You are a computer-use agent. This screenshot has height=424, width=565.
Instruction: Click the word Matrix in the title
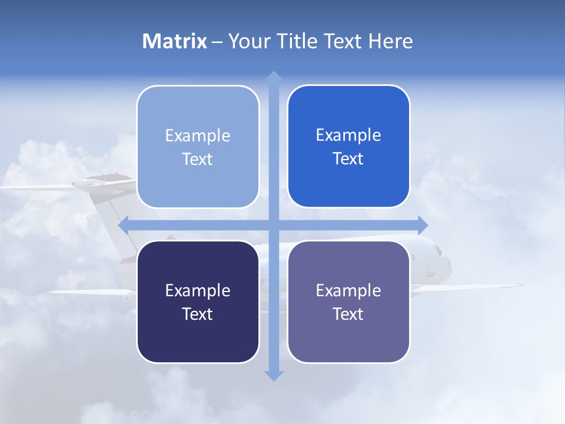pyautogui.click(x=174, y=41)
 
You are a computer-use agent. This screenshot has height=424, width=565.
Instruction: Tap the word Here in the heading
pyautogui.click(x=390, y=41)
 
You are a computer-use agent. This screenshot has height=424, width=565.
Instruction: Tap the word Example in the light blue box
pyautogui.click(x=198, y=135)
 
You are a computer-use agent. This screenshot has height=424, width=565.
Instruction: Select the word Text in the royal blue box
pyautogui.click(x=348, y=159)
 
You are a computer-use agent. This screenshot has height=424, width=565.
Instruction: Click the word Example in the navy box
pyautogui.click(x=198, y=290)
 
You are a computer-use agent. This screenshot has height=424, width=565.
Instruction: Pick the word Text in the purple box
pyautogui.click(x=348, y=314)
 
